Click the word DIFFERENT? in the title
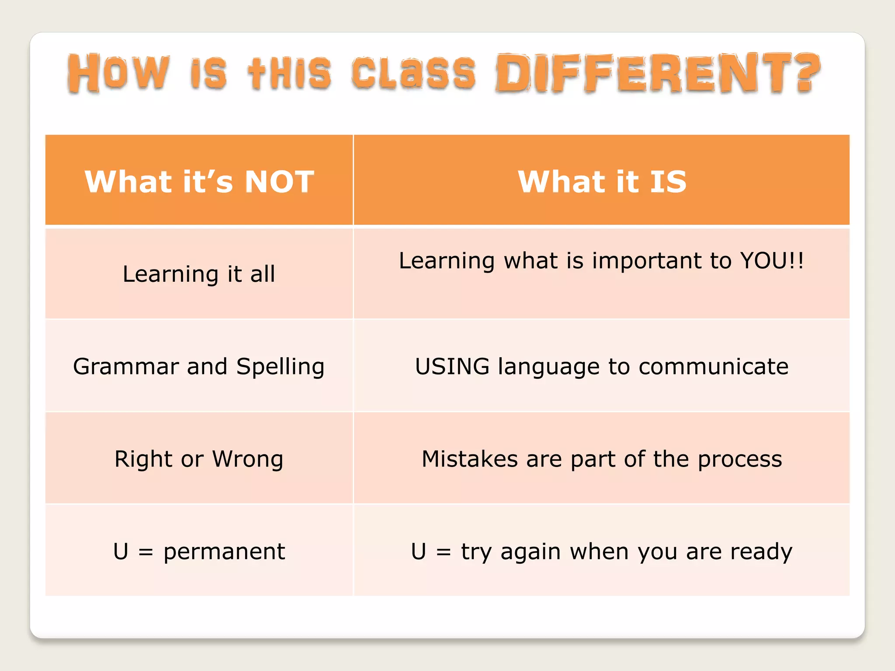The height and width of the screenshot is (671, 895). click(x=658, y=73)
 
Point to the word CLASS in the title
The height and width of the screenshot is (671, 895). click(x=413, y=73)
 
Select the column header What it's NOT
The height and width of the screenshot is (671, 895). click(x=199, y=181)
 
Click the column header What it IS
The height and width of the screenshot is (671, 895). click(x=602, y=181)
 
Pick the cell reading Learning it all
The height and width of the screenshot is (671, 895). click(x=199, y=274)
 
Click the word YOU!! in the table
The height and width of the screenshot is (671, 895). click(x=772, y=261)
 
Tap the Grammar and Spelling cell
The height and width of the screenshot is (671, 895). click(x=199, y=366)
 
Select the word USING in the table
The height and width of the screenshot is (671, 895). click(x=452, y=366)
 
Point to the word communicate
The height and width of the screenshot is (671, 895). click(x=713, y=366)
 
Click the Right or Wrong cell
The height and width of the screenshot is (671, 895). click(x=199, y=459)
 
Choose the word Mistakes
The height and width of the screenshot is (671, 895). click(x=470, y=459)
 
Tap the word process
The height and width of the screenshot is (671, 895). click(x=739, y=460)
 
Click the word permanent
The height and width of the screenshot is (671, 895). click(x=224, y=552)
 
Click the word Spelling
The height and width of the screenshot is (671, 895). click(x=280, y=367)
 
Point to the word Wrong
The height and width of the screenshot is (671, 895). click(x=248, y=459)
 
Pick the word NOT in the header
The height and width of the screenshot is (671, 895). click(x=280, y=181)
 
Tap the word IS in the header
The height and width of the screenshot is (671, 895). click(x=668, y=181)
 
